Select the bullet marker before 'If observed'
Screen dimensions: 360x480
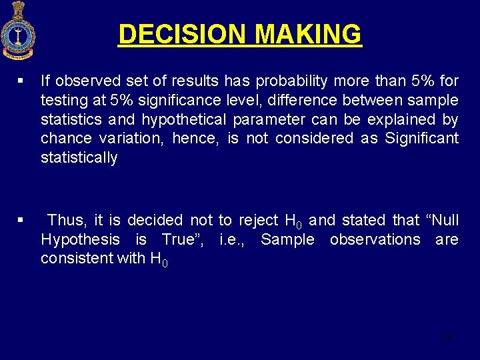pos(21,81)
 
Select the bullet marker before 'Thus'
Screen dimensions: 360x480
pos(21,220)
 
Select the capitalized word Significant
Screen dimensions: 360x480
pos(421,139)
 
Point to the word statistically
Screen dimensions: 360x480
pos(79,158)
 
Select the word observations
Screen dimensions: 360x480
pos(375,239)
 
